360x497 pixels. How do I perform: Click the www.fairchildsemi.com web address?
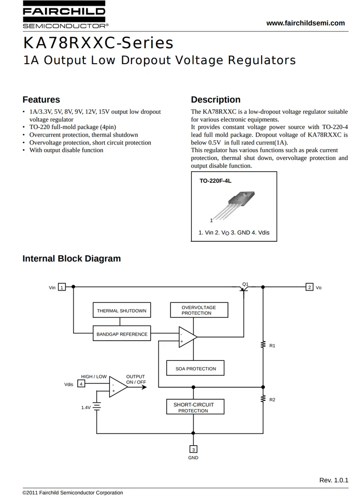(305, 23)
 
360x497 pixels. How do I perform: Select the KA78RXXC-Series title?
(98, 42)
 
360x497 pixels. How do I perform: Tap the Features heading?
(41, 99)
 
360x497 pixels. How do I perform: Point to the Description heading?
(215, 99)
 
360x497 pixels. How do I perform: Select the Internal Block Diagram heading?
(71, 258)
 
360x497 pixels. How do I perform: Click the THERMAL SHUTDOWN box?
(122, 311)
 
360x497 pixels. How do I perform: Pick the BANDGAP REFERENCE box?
(122, 334)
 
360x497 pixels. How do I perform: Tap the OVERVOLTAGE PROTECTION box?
(199, 310)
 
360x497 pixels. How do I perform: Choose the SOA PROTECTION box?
(195, 369)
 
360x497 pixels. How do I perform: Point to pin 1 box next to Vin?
(62, 287)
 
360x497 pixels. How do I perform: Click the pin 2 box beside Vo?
(309, 287)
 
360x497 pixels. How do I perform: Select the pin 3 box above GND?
(193, 449)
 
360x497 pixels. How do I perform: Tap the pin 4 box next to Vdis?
(81, 384)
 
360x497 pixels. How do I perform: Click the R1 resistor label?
(272, 345)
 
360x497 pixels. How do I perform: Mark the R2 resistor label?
(272, 400)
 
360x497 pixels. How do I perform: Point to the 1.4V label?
(86, 407)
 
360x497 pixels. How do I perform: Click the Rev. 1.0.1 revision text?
(334, 480)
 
